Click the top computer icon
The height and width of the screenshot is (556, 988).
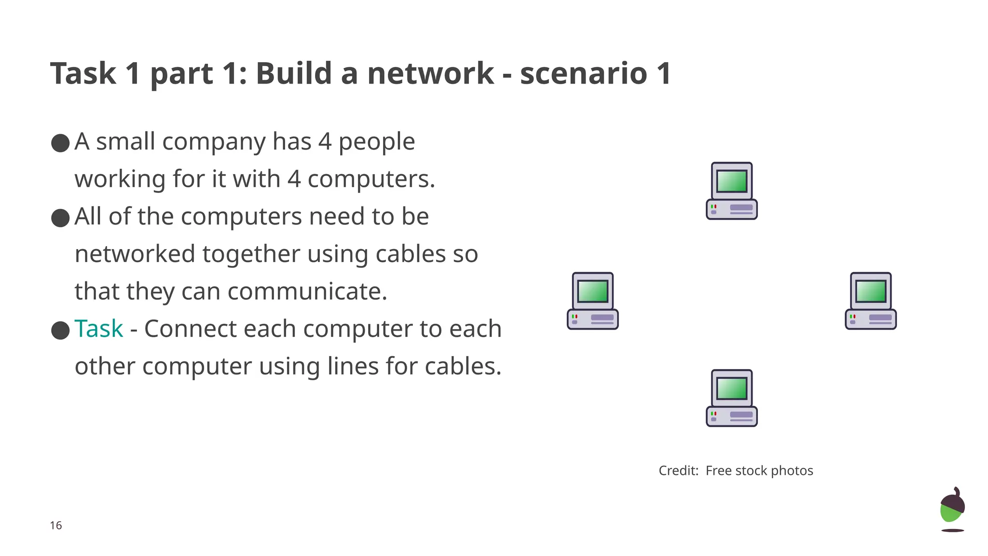click(x=731, y=191)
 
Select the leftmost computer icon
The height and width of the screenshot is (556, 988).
click(x=592, y=301)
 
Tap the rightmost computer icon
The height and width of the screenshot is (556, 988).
click(x=870, y=301)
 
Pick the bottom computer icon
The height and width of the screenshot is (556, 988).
click(x=731, y=398)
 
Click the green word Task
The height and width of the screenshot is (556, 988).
click(x=99, y=329)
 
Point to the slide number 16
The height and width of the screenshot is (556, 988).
click(x=56, y=526)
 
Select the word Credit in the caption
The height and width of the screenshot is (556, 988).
click(x=678, y=471)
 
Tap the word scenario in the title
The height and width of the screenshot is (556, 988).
click(x=583, y=73)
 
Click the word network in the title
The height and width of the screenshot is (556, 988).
click(x=430, y=73)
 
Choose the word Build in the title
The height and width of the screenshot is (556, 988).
click(x=293, y=73)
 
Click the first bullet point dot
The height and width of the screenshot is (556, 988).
click(x=60, y=143)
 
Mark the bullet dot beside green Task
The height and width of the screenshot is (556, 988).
click(x=60, y=331)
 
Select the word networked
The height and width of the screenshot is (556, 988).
click(x=135, y=254)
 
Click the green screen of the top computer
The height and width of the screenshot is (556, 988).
click(x=731, y=181)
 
